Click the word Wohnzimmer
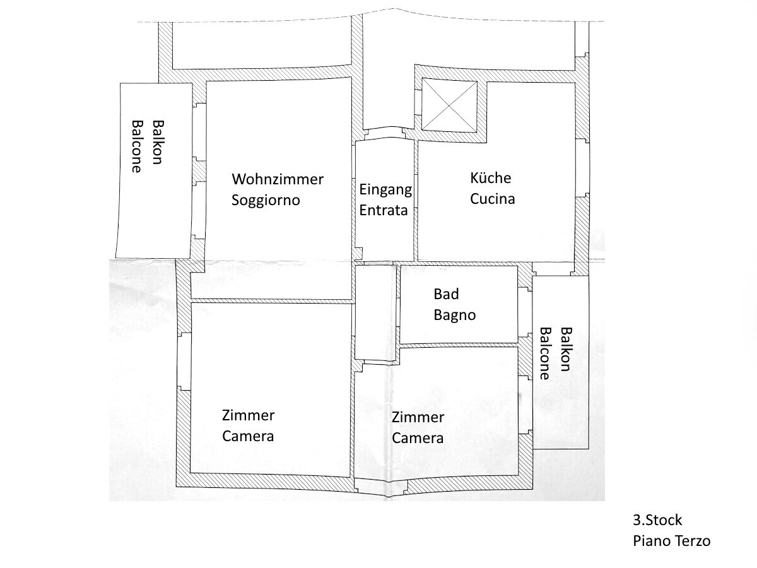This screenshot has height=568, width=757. (x=278, y=179)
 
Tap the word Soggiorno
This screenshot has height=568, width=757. (x=266, y=200)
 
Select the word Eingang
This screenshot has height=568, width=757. (x=385, y=190)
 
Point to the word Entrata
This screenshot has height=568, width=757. (x=384, y=210)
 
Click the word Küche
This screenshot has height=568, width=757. (x=490, y=178)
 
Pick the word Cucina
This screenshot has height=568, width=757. (x=493, y=199)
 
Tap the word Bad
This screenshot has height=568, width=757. (x=446, y=294)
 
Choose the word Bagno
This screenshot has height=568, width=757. (x=455, y=315)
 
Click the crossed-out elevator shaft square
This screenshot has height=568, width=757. (x=450, y=105)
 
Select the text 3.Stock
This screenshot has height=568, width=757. (x=657, y=520)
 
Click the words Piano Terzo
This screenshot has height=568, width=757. (x=671, y=541)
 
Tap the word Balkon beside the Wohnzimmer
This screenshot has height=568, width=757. (x=158, y=142)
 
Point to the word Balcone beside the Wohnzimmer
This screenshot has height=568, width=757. (x=137, y=146)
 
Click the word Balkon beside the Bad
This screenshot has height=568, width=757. (x=566, y=349)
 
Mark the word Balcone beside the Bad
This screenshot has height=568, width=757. (x=545, y=353)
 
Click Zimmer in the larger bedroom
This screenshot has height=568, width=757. (x=249, y=415)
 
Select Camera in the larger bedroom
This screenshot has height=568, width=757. (x=248, y=436)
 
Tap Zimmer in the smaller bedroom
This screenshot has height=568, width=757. (x=418, y=417)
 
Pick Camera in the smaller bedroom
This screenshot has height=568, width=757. (x=418, y=439)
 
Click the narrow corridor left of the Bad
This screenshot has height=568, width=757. (x=376, y=312)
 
